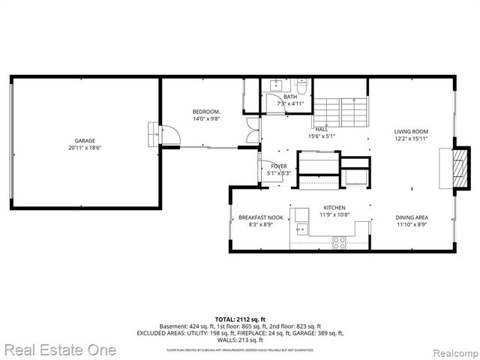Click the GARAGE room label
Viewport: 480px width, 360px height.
coord(85,140)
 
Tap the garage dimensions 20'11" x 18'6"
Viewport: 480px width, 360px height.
coord(85,148)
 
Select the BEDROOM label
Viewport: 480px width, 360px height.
coord(205,112)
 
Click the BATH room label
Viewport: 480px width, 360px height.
coord(290,96)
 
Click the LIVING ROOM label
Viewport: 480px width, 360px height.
coord(411,131)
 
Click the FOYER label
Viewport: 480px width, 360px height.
coord(279,166)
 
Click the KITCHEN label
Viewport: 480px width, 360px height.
coord(334,208)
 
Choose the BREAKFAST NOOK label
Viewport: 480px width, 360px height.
coord(254,217)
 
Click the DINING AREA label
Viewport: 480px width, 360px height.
coord(412,217)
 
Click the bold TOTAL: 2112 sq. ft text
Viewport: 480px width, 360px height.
coord(239,319)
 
